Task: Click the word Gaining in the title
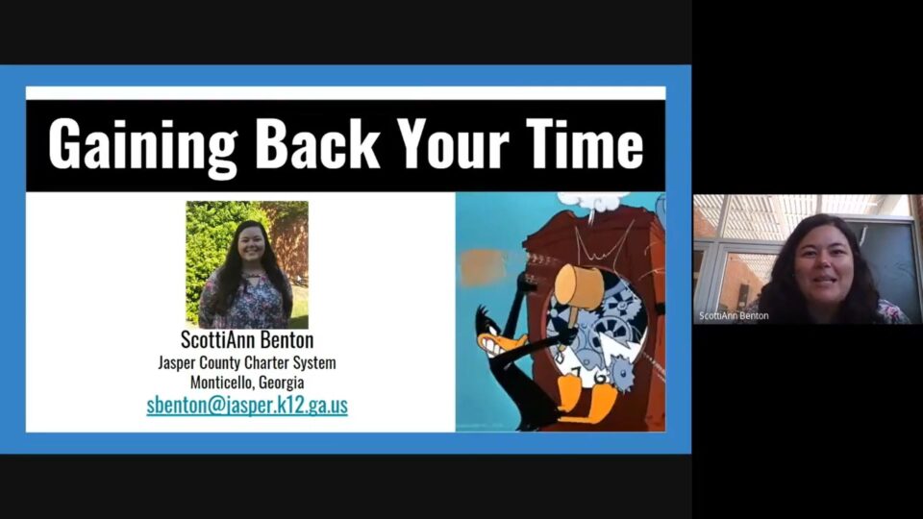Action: [142, 144]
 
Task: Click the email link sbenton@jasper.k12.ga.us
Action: [247, 405]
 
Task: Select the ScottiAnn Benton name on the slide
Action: [247, 341]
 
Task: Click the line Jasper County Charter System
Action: [247, 363]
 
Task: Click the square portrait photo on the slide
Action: [247, 263]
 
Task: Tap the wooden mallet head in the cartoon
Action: [580, 285]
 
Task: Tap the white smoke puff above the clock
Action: [594, 201]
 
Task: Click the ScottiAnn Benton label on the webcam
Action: [734, 315]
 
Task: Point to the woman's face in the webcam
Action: [823, 265]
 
